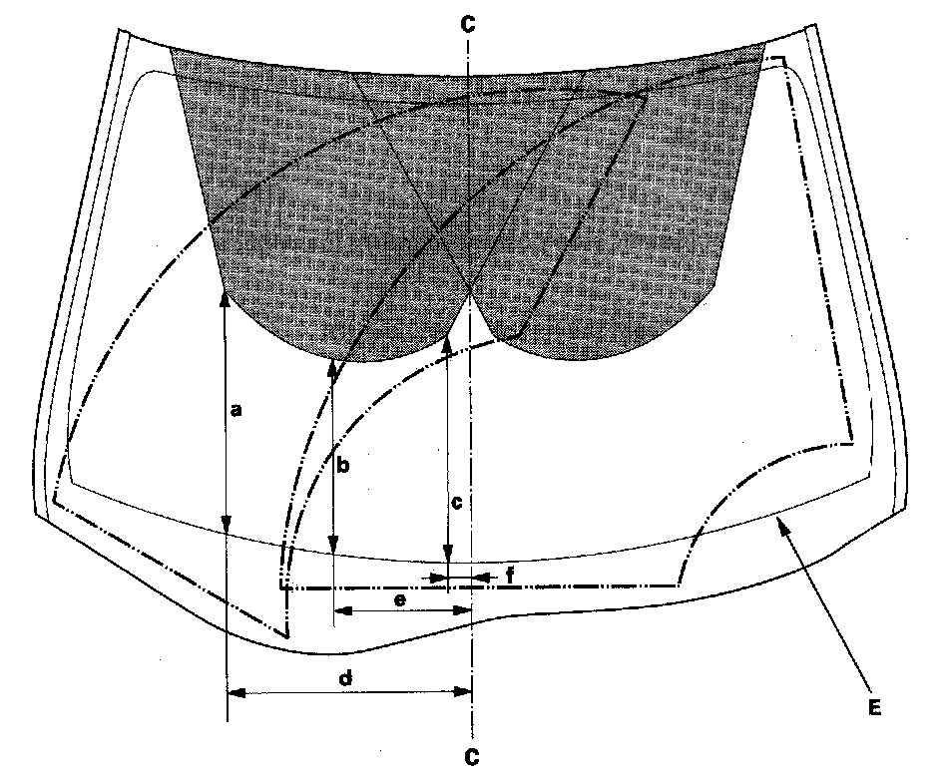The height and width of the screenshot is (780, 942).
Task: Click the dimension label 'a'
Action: click(235, 409)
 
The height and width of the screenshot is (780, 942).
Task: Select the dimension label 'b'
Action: click(341, 465)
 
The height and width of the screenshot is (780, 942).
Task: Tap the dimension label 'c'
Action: click(456, 504)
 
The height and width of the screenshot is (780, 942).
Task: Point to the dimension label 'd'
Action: click(346, 678)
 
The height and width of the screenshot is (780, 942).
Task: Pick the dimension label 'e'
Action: click(399, 599)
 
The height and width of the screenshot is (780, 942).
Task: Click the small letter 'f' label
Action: click(510, 576)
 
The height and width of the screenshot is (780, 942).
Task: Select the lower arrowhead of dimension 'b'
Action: click(332, 547)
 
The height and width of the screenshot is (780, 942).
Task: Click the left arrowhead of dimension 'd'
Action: click(235, 691)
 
